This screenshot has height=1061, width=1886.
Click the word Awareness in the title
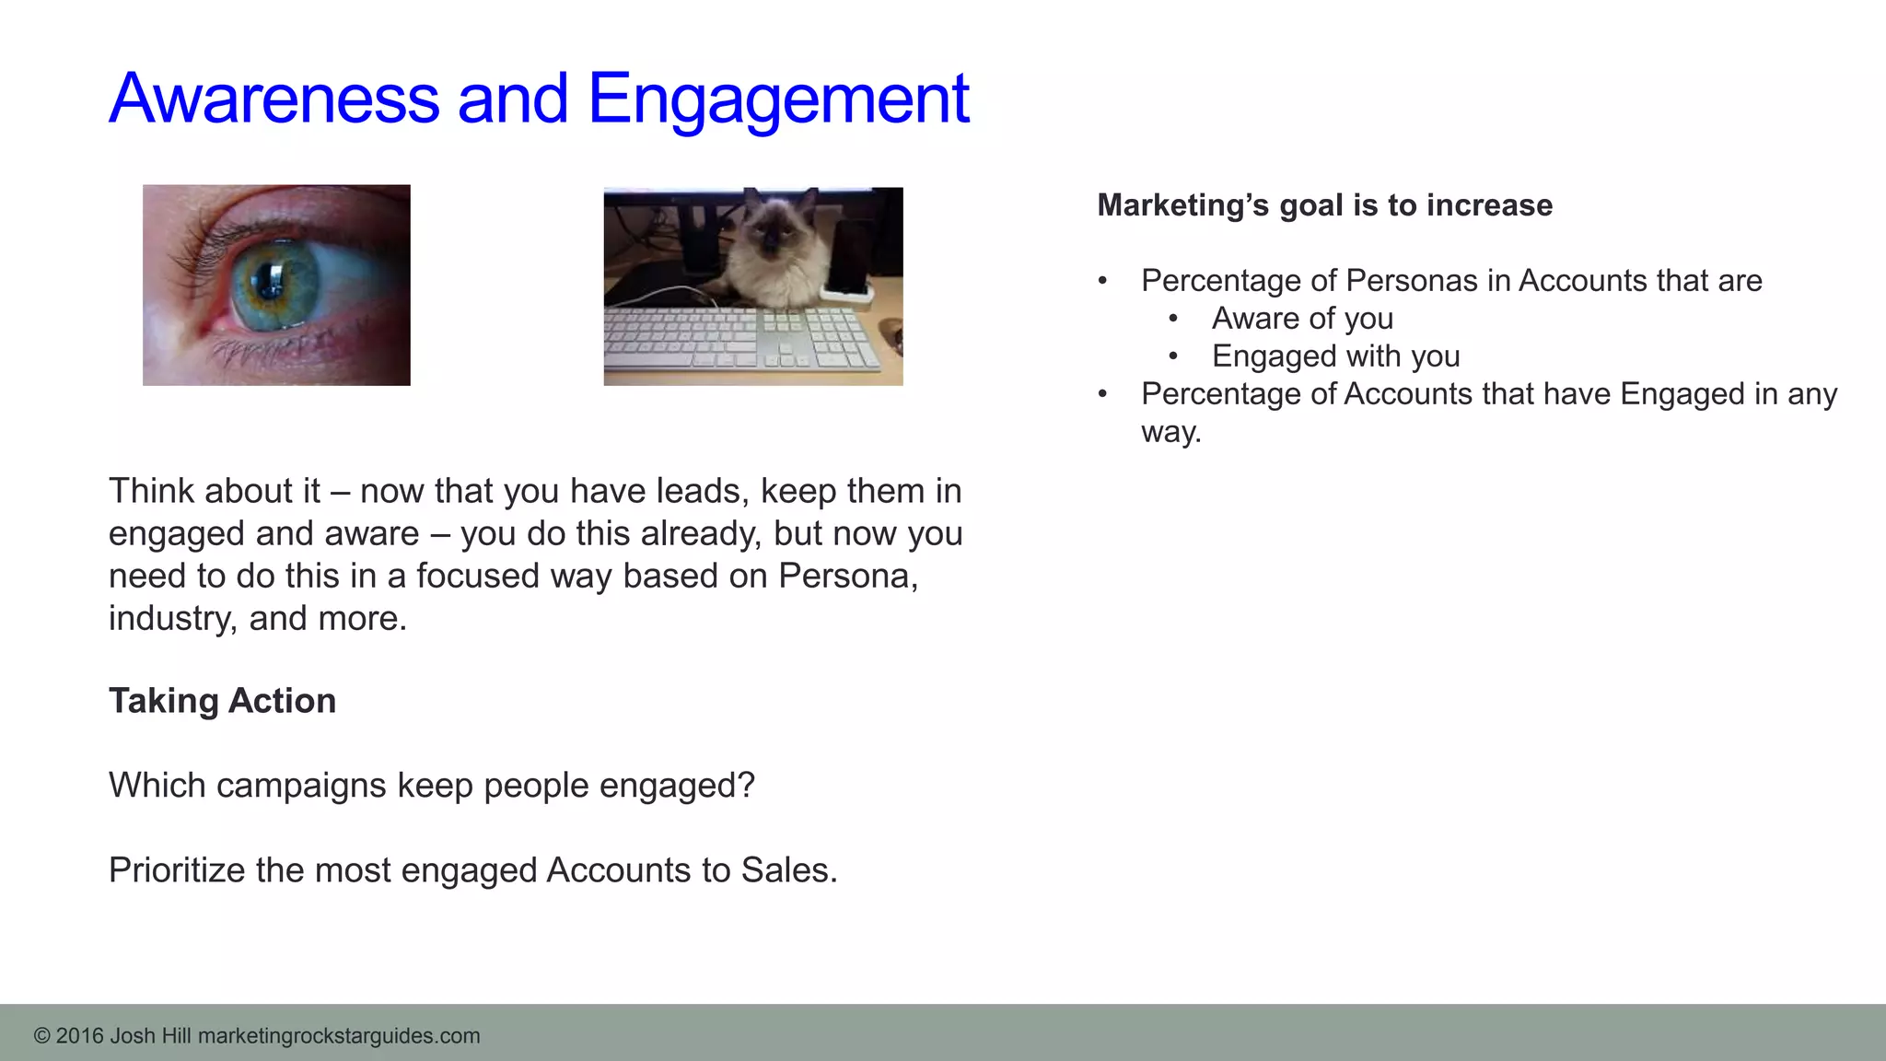[274, 99]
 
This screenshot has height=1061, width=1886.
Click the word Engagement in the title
[778, 99]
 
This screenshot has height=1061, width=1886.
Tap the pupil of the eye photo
[273, 279]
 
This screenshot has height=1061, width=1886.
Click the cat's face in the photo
[776, 230]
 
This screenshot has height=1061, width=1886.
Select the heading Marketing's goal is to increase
[1324, 205]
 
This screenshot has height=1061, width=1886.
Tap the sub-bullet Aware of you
[1301, 319]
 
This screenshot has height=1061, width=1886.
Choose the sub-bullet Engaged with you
[1335, 356]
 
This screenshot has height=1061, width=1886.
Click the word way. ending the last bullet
[1170, 432]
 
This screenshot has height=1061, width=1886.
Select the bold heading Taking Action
[222, 701]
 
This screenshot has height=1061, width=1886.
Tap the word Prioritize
[177, 870]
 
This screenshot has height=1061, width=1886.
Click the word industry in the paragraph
[170, 618]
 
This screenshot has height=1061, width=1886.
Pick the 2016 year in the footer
[79, 1036]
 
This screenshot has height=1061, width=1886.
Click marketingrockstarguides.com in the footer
[339, 1036]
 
